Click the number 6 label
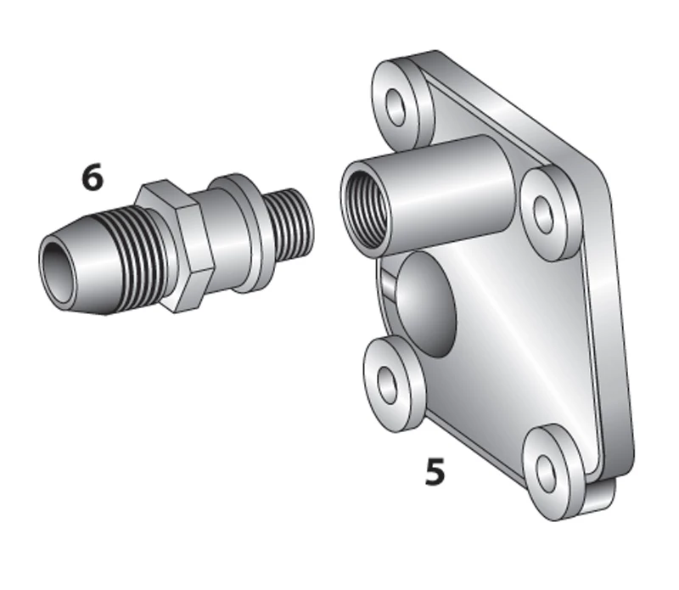(93, 177)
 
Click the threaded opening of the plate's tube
(361, 209)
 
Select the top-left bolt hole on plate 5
(396, 107)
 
